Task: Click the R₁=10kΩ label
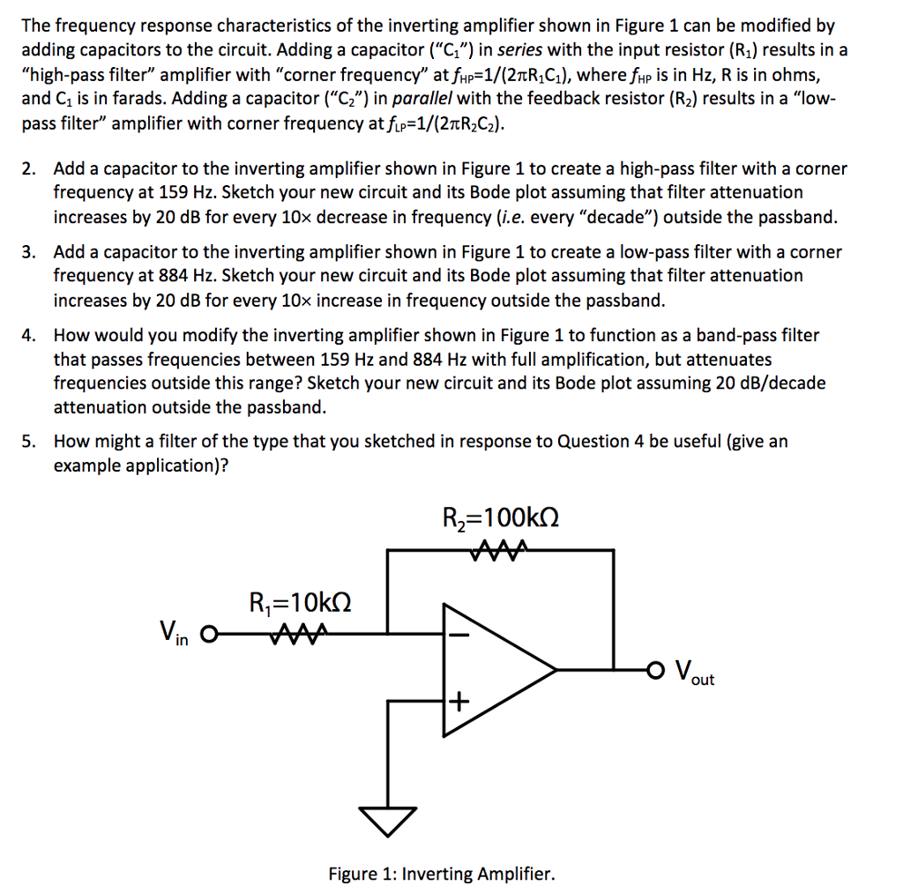(x=300, y=605)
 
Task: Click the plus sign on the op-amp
(x=457, y=703)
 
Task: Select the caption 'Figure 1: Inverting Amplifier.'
(x=442, y=874)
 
